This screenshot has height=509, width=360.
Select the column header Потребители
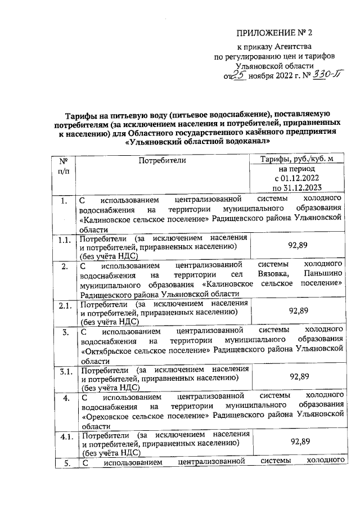tap(161, 161)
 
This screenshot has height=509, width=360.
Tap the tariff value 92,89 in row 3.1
tap(299, 376)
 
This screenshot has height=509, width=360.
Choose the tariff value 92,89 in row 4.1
tap(299, 442)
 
